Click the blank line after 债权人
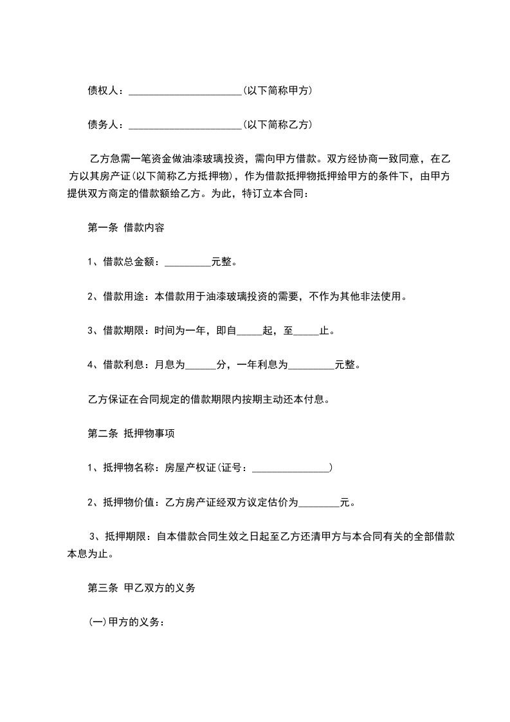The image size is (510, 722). click(x=185, y=91)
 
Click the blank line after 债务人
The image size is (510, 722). click(x=185, y=124)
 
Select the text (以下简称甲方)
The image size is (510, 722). click(x=277, y=91)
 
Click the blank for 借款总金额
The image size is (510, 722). click(x=188, y=262)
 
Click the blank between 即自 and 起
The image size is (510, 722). click(x=250, y=331)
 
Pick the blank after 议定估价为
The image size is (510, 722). click(x=319, y=503)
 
